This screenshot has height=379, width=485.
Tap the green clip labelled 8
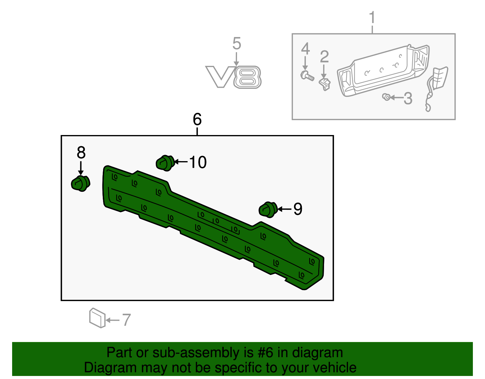[81, 183]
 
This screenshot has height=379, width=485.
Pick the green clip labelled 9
[268, 209]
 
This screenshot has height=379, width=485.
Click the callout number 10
[198, 162]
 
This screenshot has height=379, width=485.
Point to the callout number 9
[298, 209]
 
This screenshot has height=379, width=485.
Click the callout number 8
[81, 153]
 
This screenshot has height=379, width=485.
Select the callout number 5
[236, 44]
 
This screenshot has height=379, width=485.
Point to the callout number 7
[126, 320]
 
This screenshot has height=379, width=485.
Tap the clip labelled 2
[325, 84]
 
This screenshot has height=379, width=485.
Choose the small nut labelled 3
[386, 97]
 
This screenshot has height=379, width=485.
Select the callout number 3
[408, 98]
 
